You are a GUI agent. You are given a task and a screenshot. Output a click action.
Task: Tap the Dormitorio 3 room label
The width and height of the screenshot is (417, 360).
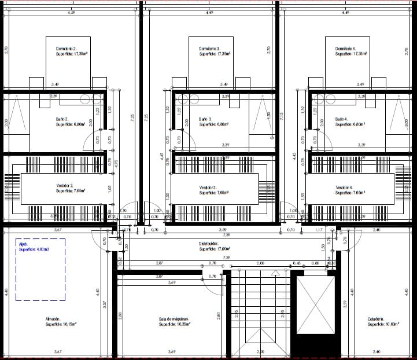209,48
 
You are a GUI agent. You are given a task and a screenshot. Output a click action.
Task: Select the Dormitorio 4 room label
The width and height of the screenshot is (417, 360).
345,48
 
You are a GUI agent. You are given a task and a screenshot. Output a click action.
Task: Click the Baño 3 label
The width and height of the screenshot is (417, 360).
205,119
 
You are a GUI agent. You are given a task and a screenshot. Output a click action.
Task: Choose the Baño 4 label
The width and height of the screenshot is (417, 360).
342,119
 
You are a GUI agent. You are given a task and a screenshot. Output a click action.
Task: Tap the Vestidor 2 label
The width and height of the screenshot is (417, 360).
65,188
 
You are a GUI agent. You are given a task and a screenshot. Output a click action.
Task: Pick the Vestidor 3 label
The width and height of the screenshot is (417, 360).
208,188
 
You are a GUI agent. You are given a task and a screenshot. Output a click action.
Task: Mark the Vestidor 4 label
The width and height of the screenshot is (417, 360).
344,188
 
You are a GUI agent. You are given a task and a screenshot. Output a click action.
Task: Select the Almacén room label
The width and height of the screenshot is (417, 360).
53,319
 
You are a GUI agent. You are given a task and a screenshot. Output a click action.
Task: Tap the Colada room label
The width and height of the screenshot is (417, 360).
377,319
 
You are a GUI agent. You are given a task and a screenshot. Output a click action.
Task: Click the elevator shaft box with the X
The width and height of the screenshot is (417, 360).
315,305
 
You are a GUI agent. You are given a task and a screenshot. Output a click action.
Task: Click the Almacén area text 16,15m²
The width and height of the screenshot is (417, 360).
61,325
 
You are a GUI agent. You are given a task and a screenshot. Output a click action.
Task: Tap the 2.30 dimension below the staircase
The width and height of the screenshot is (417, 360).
260,352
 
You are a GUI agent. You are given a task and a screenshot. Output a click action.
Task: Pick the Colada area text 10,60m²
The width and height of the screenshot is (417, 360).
381,325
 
